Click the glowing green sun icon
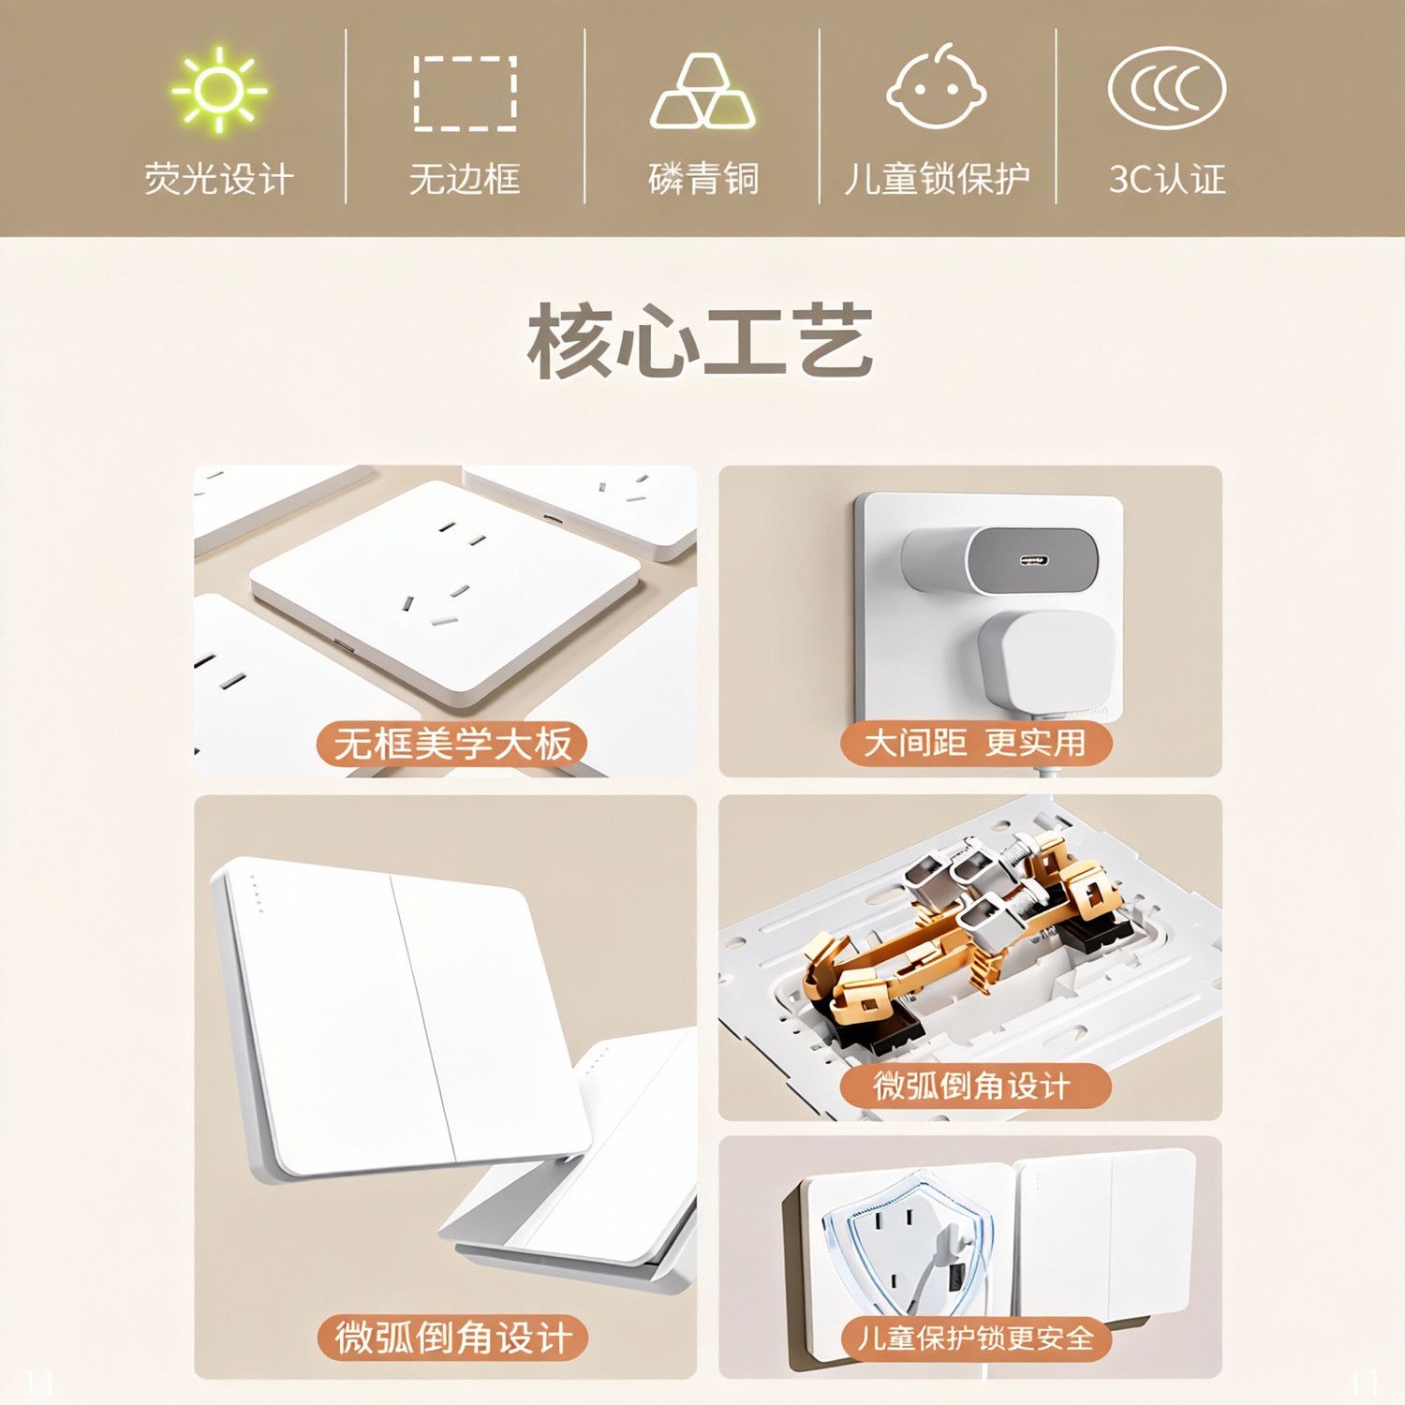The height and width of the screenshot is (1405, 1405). click(219, 90)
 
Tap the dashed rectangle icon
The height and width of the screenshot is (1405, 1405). click(466, 93)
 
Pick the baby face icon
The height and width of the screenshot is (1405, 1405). click(937, 85)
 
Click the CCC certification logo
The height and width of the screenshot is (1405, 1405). click(1167, 88)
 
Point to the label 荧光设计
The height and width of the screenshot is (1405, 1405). click(219, 178)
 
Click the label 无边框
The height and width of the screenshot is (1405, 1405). click(465, 178)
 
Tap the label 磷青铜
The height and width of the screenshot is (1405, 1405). click(703, 178)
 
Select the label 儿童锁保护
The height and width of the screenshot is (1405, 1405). click(937, 178)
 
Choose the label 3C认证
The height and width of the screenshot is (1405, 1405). click(1167, 178)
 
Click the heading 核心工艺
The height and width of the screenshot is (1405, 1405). click(700, 342)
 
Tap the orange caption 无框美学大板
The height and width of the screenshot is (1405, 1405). click(452, 745)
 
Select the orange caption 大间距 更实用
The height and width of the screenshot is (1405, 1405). click(975, 743)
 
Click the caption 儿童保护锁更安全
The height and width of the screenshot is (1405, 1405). click(975, 1338)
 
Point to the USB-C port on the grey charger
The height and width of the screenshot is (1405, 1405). click(1032, 560)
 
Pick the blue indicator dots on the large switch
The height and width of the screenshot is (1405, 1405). click(256, 895)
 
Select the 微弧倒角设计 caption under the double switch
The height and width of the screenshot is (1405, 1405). click(452, 1338)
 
